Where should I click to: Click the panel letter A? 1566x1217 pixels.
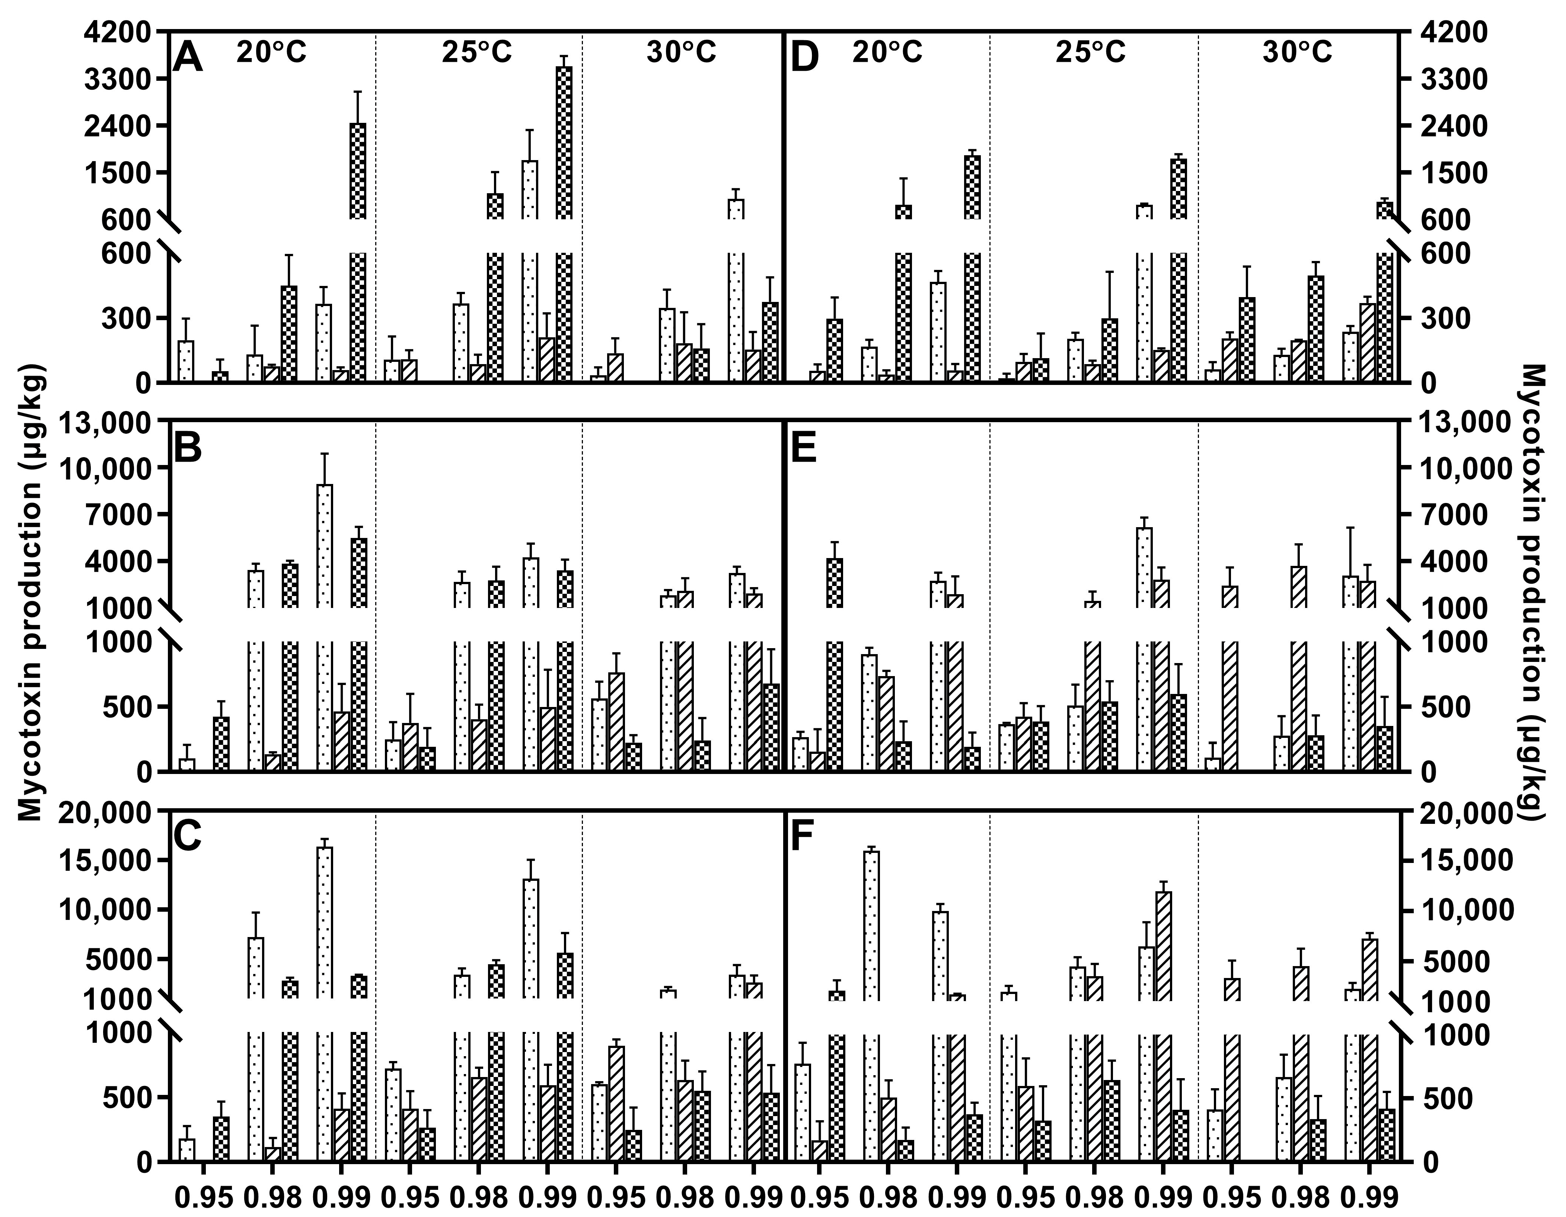188,57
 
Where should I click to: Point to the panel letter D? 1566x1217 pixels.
804,57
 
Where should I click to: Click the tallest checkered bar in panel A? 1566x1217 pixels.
564,143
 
